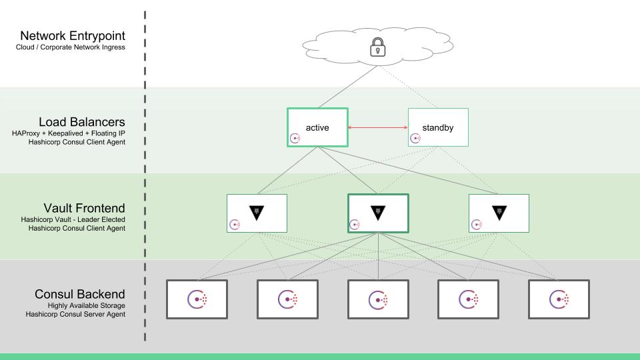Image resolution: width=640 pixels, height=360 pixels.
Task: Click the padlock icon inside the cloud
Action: point(378,47)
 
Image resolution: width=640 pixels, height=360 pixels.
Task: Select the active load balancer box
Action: point(317,127)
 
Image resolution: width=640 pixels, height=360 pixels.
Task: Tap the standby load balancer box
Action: point(438,127)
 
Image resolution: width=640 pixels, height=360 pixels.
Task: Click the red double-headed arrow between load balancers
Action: point(377,127)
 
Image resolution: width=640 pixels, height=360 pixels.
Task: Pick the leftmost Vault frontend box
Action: point(257,213)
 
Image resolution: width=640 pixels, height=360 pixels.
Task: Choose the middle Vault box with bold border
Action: point(378,213)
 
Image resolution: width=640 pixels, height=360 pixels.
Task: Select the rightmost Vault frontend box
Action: point(499,213)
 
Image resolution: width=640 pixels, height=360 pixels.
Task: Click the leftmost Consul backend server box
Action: point(197,299)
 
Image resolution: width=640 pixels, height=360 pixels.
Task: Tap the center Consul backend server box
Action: point(378,299)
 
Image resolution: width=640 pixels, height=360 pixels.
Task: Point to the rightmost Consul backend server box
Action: point(559,299)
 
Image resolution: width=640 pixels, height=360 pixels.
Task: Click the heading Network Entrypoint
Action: point(72,36)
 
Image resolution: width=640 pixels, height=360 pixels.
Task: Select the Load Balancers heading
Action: point(81,122)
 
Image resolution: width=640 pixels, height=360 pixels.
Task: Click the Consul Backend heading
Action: point(79,294)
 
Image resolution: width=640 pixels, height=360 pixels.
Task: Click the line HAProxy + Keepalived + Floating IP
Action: point(69,133)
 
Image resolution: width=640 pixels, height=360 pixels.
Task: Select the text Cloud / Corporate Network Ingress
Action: point(70,47)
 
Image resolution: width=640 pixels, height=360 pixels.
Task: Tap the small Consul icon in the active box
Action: point(295,139)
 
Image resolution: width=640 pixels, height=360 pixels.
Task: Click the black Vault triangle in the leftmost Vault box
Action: point(257,213)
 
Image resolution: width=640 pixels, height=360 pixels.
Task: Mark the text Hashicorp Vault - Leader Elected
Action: point(73,219)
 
